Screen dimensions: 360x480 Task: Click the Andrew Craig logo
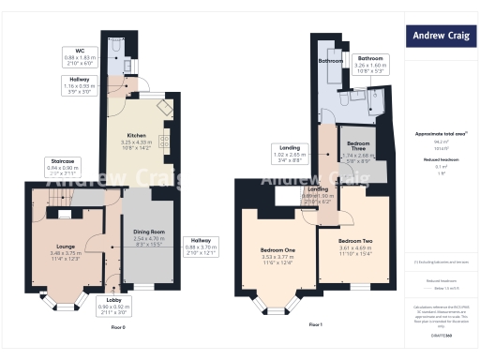pos(441,37)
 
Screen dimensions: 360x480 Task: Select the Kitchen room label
pos(137,140)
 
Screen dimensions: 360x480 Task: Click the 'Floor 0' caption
pos(117,327)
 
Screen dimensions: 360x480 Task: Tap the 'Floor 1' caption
pos(315,324)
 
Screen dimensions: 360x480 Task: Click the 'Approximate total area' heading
pos(440,134)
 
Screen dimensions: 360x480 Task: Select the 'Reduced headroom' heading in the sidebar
pos(440,160)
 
